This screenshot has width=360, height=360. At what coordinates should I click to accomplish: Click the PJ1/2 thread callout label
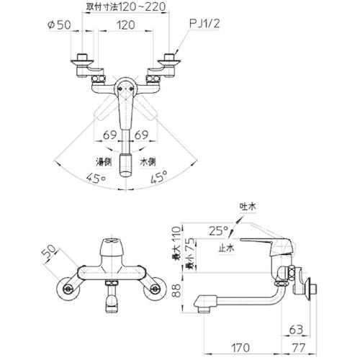204,24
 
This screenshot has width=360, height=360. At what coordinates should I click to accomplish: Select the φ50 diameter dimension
59,24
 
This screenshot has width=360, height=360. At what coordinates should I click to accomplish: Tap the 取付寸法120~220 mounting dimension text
126,6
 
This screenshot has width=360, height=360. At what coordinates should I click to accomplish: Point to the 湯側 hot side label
104,162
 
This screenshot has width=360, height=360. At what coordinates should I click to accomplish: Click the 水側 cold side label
148,162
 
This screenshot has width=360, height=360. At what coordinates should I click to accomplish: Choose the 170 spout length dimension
240,347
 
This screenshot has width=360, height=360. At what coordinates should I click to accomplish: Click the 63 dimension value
296,330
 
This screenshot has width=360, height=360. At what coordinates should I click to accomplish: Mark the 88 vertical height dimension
177,291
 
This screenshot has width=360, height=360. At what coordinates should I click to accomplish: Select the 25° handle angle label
218,231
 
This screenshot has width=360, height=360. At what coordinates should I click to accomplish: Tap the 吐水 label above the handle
248,207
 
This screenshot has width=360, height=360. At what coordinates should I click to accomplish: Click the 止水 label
226,248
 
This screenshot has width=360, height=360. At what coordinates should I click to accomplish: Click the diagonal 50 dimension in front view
50,253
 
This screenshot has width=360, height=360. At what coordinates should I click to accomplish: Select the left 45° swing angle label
96,179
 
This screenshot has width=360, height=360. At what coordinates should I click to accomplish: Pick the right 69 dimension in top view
141,135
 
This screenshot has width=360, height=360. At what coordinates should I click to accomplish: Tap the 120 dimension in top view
125,24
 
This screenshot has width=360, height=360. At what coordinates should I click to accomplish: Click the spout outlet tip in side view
202,310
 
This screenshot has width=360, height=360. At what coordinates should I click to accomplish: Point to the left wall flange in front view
68,289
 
